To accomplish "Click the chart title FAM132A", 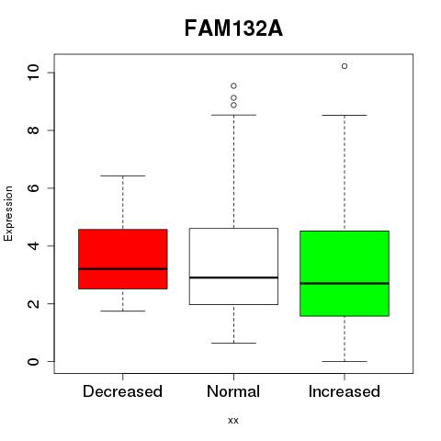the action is [233, 28].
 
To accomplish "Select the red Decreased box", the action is [123, 259].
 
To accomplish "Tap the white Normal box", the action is [233, 266].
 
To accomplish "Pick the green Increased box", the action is [345, 274].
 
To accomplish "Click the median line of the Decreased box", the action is [123, 269].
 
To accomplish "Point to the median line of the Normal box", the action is [233, 277].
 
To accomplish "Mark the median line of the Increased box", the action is [345, 283].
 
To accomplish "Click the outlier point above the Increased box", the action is [345, 66].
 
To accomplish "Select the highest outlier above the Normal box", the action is [233, 86].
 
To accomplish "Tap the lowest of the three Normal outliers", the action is [233, 106].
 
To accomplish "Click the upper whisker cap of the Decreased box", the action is [123, 175].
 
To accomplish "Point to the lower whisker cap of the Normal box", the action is [233, 343].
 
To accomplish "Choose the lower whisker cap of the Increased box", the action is [345, 361].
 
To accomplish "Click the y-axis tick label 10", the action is [33, 73].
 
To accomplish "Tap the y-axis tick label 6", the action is [33, 187].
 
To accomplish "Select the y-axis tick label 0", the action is [33, 361].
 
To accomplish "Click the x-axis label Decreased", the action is [122, 391].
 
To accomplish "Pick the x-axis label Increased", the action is [345, 391].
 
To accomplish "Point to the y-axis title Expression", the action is [8, 213].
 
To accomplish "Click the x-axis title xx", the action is [233, 421].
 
